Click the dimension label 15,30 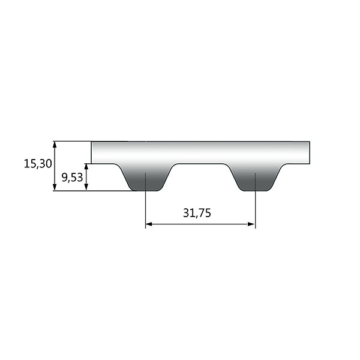pos(38,164)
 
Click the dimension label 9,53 pos(72,178)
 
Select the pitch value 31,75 pos(197,213)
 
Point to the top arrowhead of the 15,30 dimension pos(55,145)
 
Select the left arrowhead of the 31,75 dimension pos(149,224)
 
